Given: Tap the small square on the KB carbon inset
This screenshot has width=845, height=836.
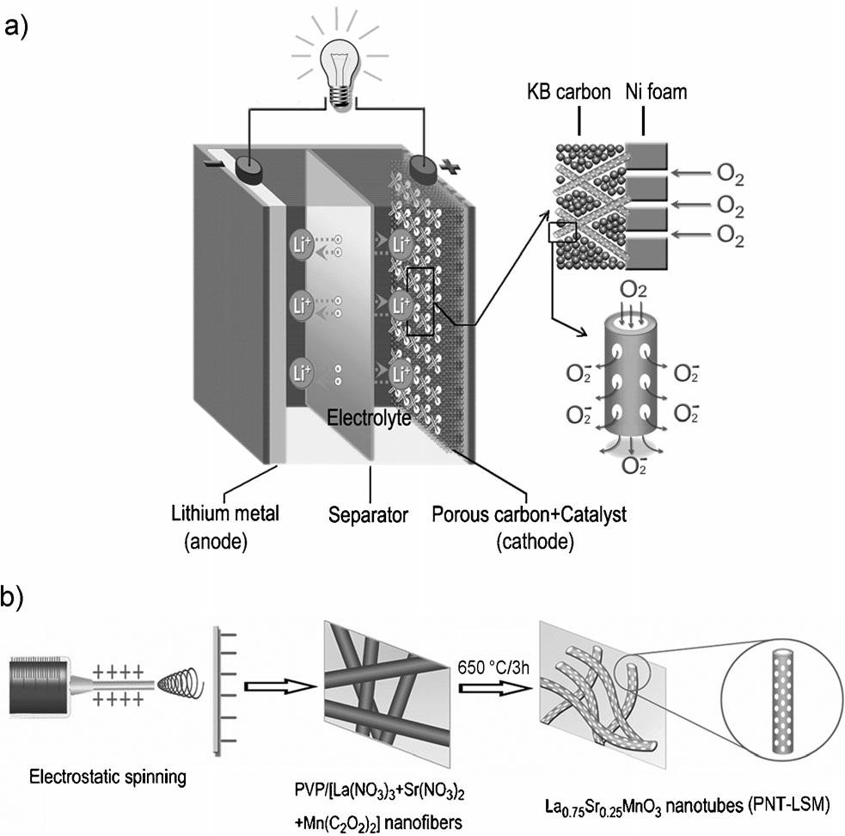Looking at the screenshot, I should pyautogui.click(x=561, y=231).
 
